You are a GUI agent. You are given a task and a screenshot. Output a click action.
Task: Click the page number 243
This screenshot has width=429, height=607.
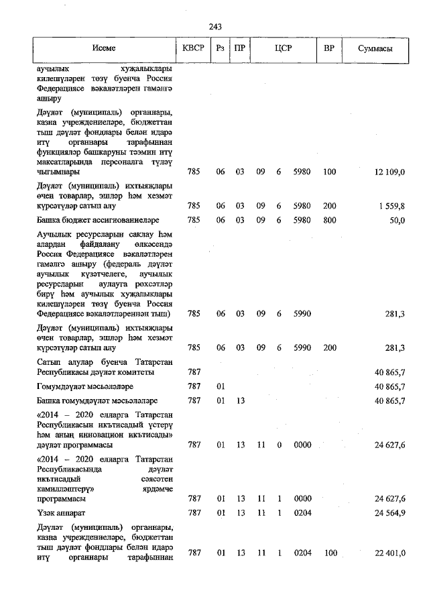point(214,26)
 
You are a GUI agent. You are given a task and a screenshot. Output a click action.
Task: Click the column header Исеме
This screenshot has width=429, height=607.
point(104,49)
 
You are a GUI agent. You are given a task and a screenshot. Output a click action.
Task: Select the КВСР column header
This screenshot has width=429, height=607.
point(194,49)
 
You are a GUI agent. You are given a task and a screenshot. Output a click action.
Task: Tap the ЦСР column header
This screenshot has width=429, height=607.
point(282,49)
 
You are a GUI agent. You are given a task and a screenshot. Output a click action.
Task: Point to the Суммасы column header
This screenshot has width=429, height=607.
point(375,49)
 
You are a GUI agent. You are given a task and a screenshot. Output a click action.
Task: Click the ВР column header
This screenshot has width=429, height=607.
point(329,49)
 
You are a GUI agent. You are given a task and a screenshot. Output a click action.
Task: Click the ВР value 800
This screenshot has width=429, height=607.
point(329,220)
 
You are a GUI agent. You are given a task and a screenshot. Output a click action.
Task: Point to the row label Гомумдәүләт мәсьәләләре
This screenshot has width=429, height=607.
point(84,386)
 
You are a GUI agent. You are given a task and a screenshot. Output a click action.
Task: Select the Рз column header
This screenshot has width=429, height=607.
point(221,49)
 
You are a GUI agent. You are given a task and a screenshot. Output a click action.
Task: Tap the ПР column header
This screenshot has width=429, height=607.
point(239,49)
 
